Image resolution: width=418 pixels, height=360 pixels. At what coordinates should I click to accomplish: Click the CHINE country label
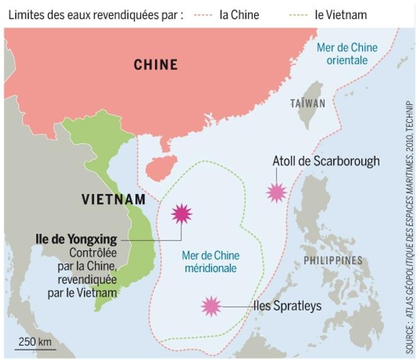click(155, 64)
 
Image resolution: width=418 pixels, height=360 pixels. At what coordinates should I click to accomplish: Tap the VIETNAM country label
click(113, 200)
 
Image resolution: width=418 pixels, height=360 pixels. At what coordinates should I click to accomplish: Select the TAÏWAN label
click(308, 103)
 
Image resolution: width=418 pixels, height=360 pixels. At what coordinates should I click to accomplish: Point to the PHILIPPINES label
click(333, 261)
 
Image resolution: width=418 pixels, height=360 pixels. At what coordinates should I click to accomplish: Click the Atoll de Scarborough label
click(326, 161)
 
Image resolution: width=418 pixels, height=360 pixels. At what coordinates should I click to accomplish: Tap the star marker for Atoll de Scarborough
click(276, 192)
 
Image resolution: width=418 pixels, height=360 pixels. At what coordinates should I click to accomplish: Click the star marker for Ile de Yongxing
click(182, 214)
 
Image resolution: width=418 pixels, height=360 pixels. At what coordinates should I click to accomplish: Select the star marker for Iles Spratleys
click(212, 307)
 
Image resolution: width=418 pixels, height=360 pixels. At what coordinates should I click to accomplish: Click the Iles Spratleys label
click(287, 307)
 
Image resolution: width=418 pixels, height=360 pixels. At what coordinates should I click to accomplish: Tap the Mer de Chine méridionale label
click(210, 262)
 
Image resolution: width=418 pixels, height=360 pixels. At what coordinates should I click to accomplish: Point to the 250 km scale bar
click(36, 347)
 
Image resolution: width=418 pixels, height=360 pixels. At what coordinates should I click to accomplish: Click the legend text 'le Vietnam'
click(341, 14)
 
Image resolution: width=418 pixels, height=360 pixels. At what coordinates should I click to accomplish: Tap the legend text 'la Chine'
click(239, 14)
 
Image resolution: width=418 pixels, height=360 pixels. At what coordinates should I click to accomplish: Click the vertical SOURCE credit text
click(409, 227)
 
